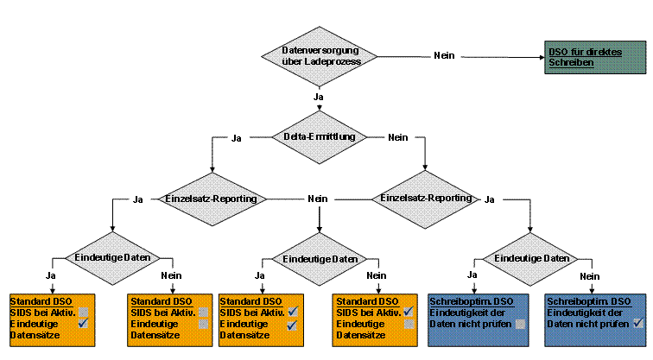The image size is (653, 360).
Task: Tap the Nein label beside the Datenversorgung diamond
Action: coord(444,55)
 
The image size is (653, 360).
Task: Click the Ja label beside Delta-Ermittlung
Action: coord(237,137)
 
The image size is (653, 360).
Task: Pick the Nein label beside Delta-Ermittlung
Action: coord(398,137)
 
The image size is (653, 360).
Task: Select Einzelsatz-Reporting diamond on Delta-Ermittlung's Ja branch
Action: coord(212,199)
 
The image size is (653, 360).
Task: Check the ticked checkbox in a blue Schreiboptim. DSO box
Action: coord(638,323)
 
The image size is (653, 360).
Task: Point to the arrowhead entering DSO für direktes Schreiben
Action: coord(539,56)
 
